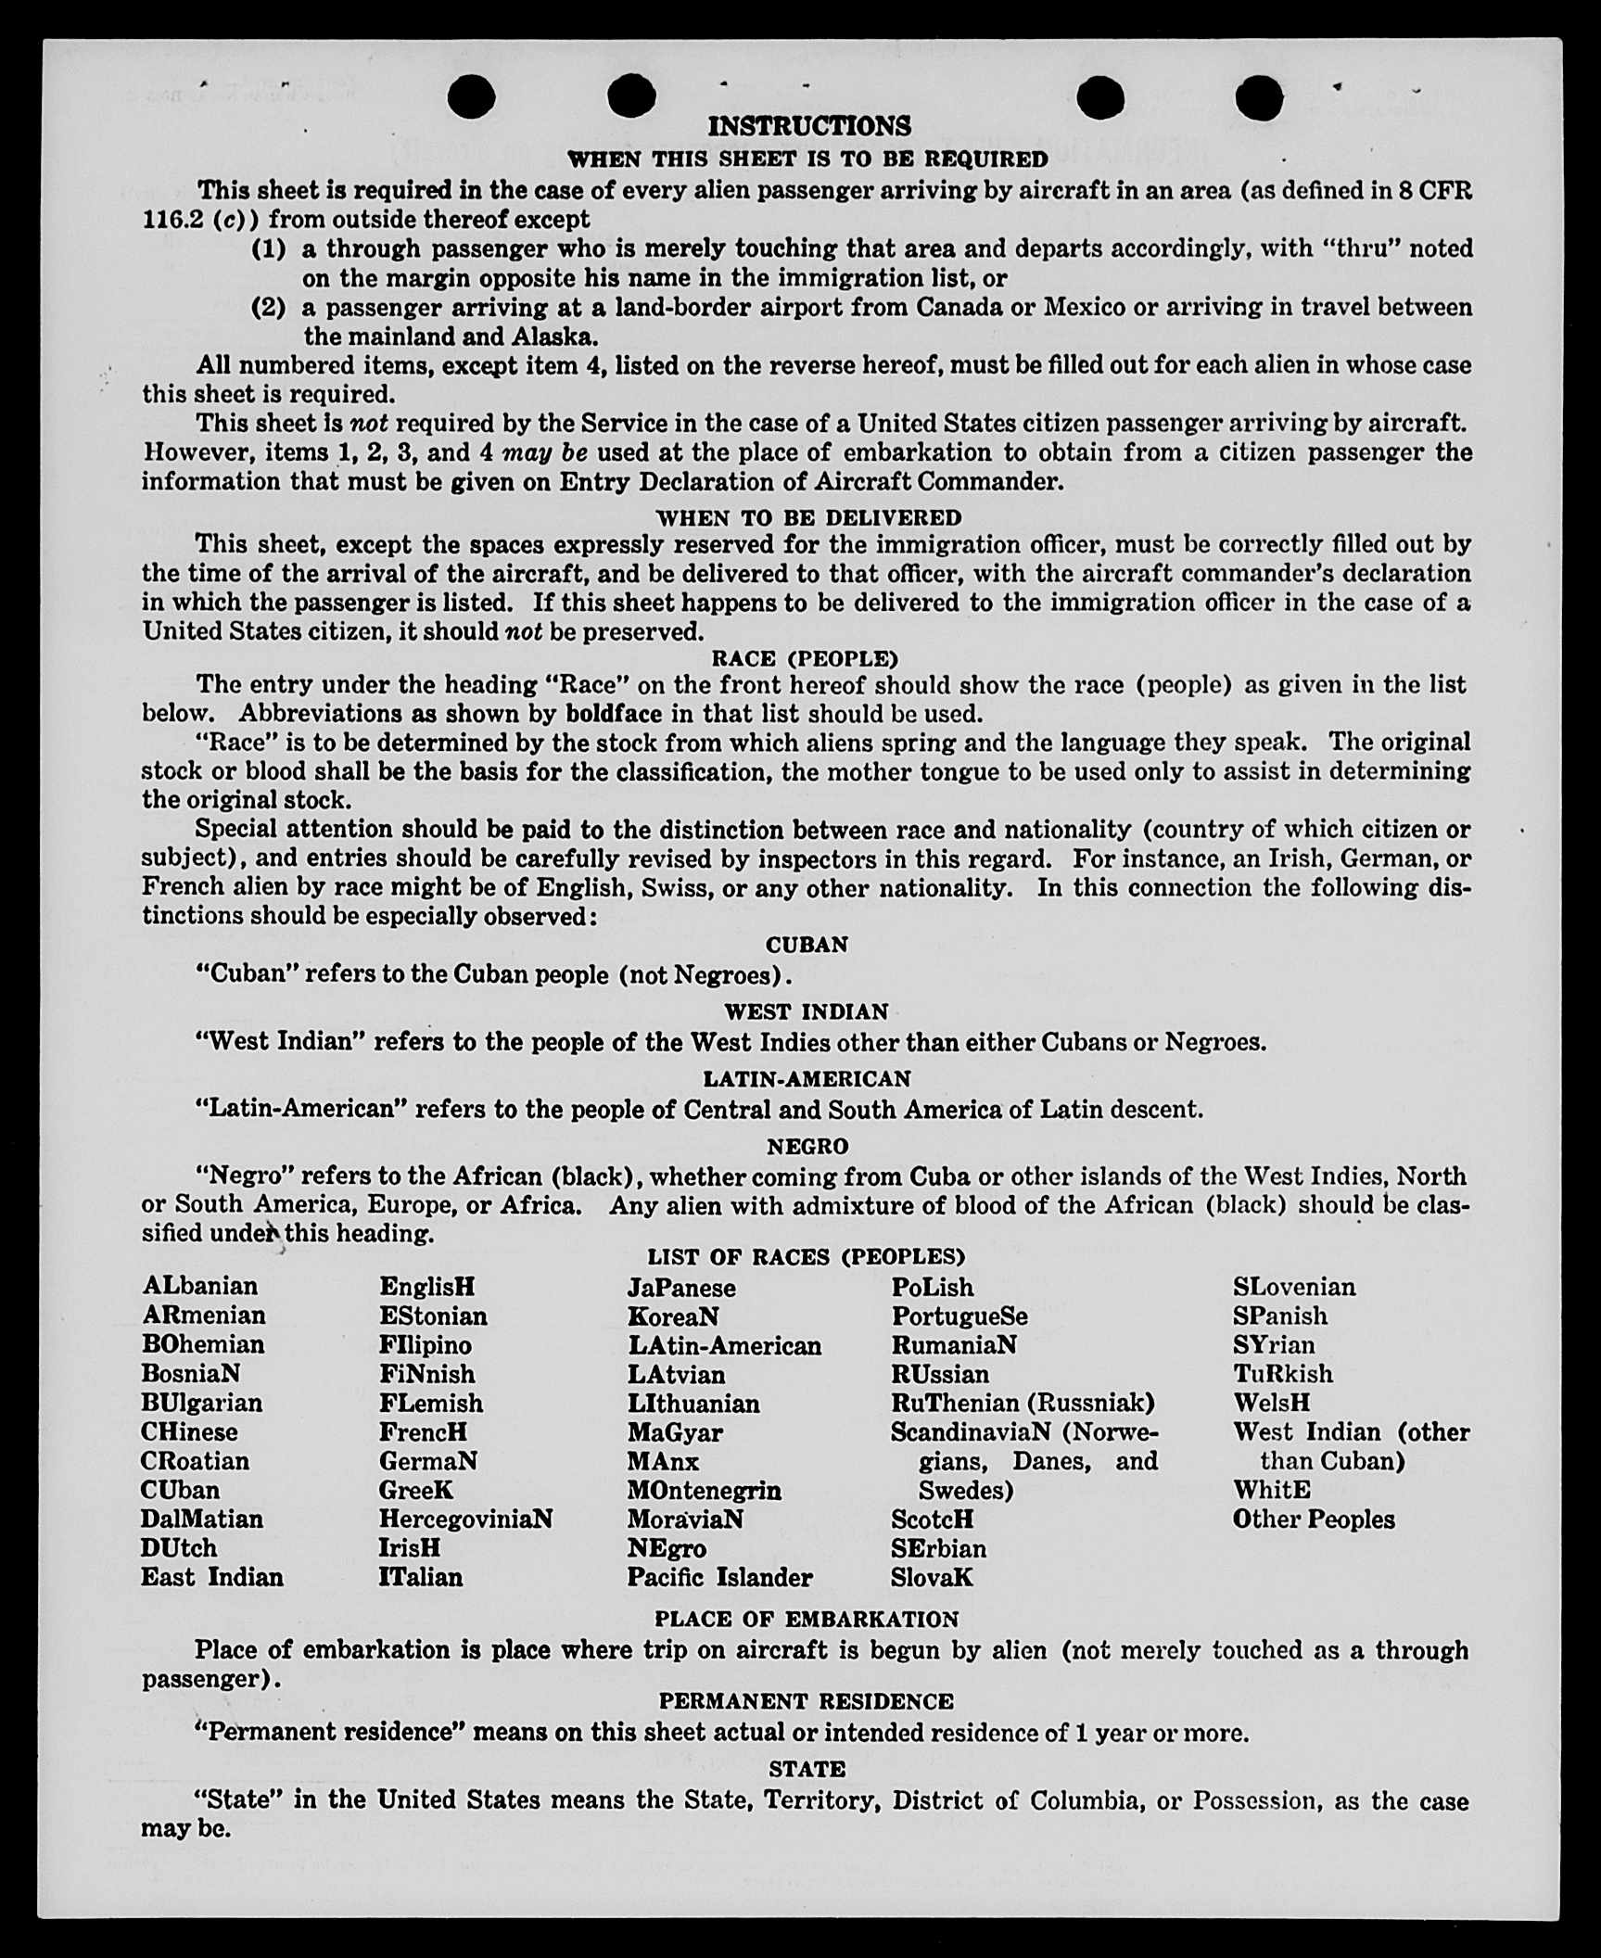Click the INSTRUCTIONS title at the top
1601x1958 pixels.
808,126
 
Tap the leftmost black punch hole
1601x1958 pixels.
471,96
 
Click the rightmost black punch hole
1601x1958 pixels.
1259,97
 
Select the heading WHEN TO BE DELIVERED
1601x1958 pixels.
808,516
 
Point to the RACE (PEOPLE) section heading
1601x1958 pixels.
805,658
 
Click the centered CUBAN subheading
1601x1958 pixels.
807,945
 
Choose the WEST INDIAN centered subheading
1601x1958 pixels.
806,1011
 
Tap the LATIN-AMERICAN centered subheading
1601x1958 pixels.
807,1079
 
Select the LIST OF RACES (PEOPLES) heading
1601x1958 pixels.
806,1257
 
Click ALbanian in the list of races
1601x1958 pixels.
199,1286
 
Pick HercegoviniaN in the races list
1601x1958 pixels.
465,1519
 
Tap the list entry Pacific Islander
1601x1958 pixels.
719,1577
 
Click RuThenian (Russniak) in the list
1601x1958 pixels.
1023,1403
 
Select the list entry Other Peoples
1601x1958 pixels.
1313,1519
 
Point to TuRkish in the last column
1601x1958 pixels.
1282,1374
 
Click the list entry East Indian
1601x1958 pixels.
211,1577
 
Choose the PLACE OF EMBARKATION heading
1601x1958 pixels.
807,1620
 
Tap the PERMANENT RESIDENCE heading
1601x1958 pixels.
806,1701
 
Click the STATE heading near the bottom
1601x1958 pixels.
807,1769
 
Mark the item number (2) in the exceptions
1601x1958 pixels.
269,307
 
